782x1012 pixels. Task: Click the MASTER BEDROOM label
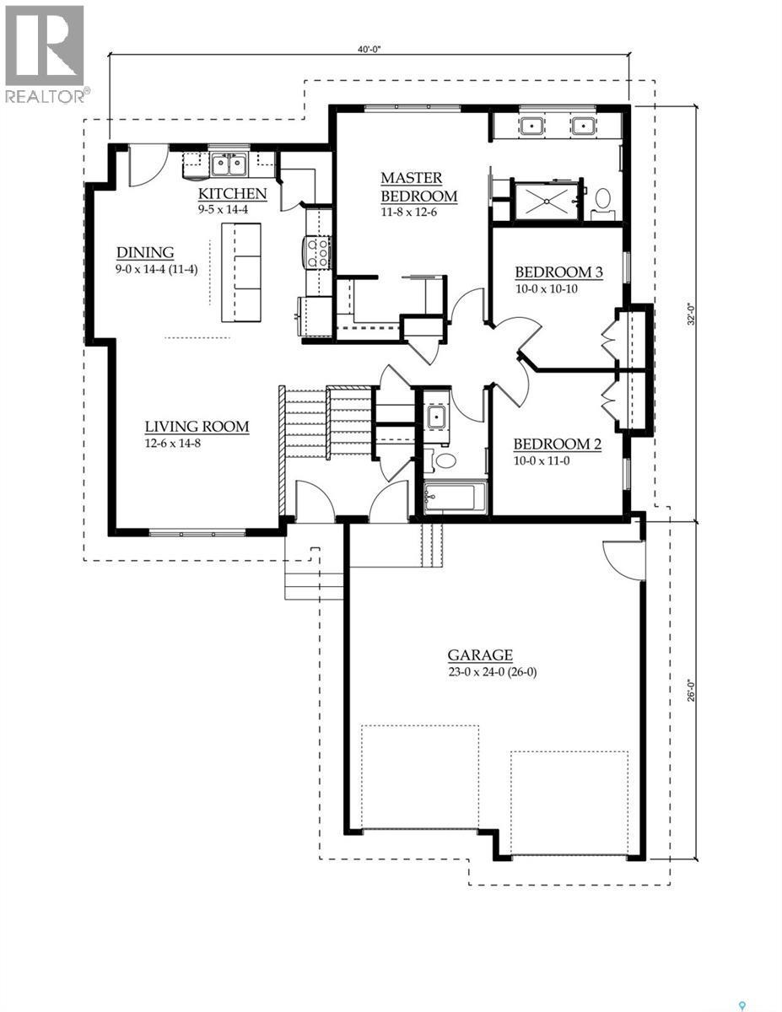pos(418,187)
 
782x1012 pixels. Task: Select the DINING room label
pos(145,252)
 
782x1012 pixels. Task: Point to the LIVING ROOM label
pos(196,427)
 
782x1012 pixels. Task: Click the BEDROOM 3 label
pos(558,272)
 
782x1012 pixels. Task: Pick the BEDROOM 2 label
pos(557,444)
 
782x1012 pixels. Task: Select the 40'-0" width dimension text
pos(369,50)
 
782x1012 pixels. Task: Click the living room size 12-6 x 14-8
pos(174,443)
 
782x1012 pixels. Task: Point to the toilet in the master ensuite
pos(602,199)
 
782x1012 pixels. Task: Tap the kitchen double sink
pos(229,163)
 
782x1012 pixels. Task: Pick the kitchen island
pos(241,272)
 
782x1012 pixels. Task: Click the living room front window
pos(197,532)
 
